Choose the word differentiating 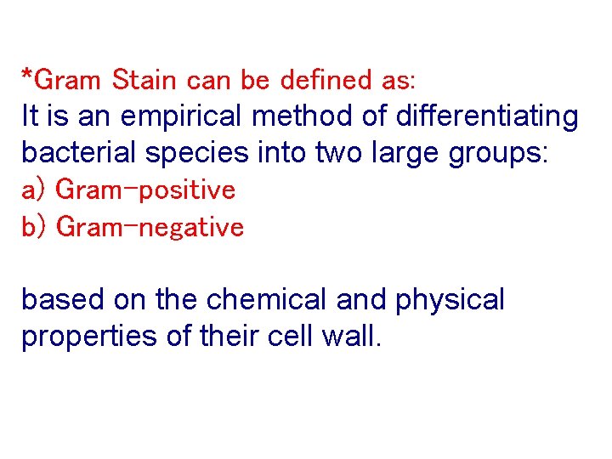[x=471, y=117]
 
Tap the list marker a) [x=34, y=190]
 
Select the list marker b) [x=34, y=227]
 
